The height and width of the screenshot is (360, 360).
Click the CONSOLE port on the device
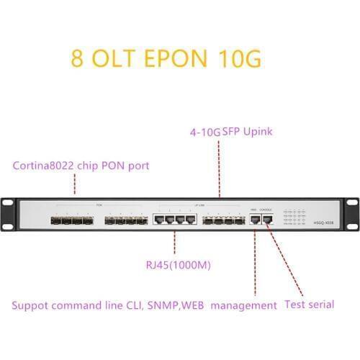(x=266, y=219)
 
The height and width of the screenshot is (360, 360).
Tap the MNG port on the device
(x=254, y=219)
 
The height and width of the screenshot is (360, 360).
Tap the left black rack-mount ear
(x=12, y=217)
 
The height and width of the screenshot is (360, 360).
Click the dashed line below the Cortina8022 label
(x=75, y=184)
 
